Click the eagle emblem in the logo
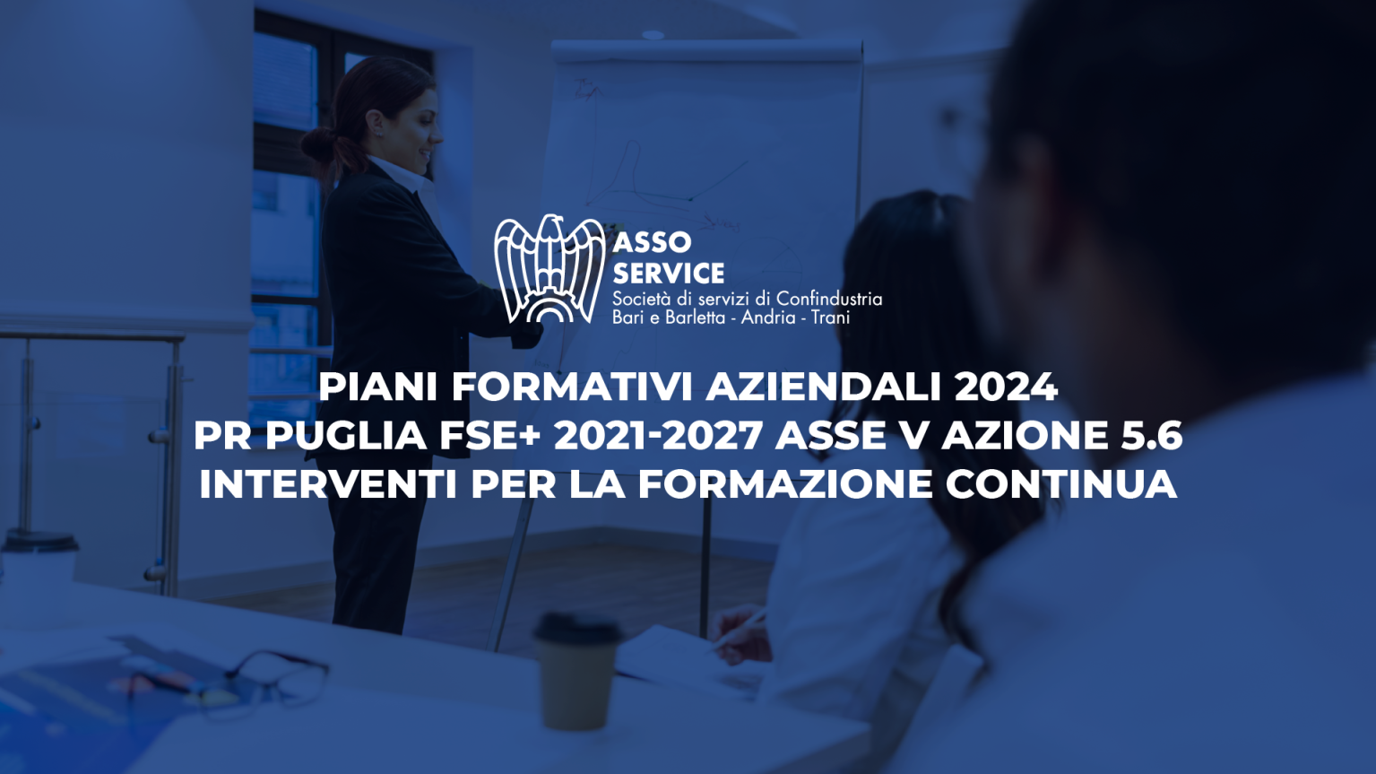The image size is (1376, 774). [x=550, y=269]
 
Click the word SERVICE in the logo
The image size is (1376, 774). [x=669, y=273]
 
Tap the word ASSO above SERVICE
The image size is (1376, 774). [x=652, y=243]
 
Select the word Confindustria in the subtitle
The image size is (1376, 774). [x=829, y=299]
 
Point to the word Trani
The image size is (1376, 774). [x=830, y=317]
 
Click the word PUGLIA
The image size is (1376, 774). [x=345, y=435]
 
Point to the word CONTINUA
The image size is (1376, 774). [x=1060, y=484]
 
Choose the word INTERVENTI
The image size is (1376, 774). [x=328, y=484]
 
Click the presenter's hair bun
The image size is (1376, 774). [x=320, y=146]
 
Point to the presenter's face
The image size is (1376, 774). [x=420, y=132]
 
